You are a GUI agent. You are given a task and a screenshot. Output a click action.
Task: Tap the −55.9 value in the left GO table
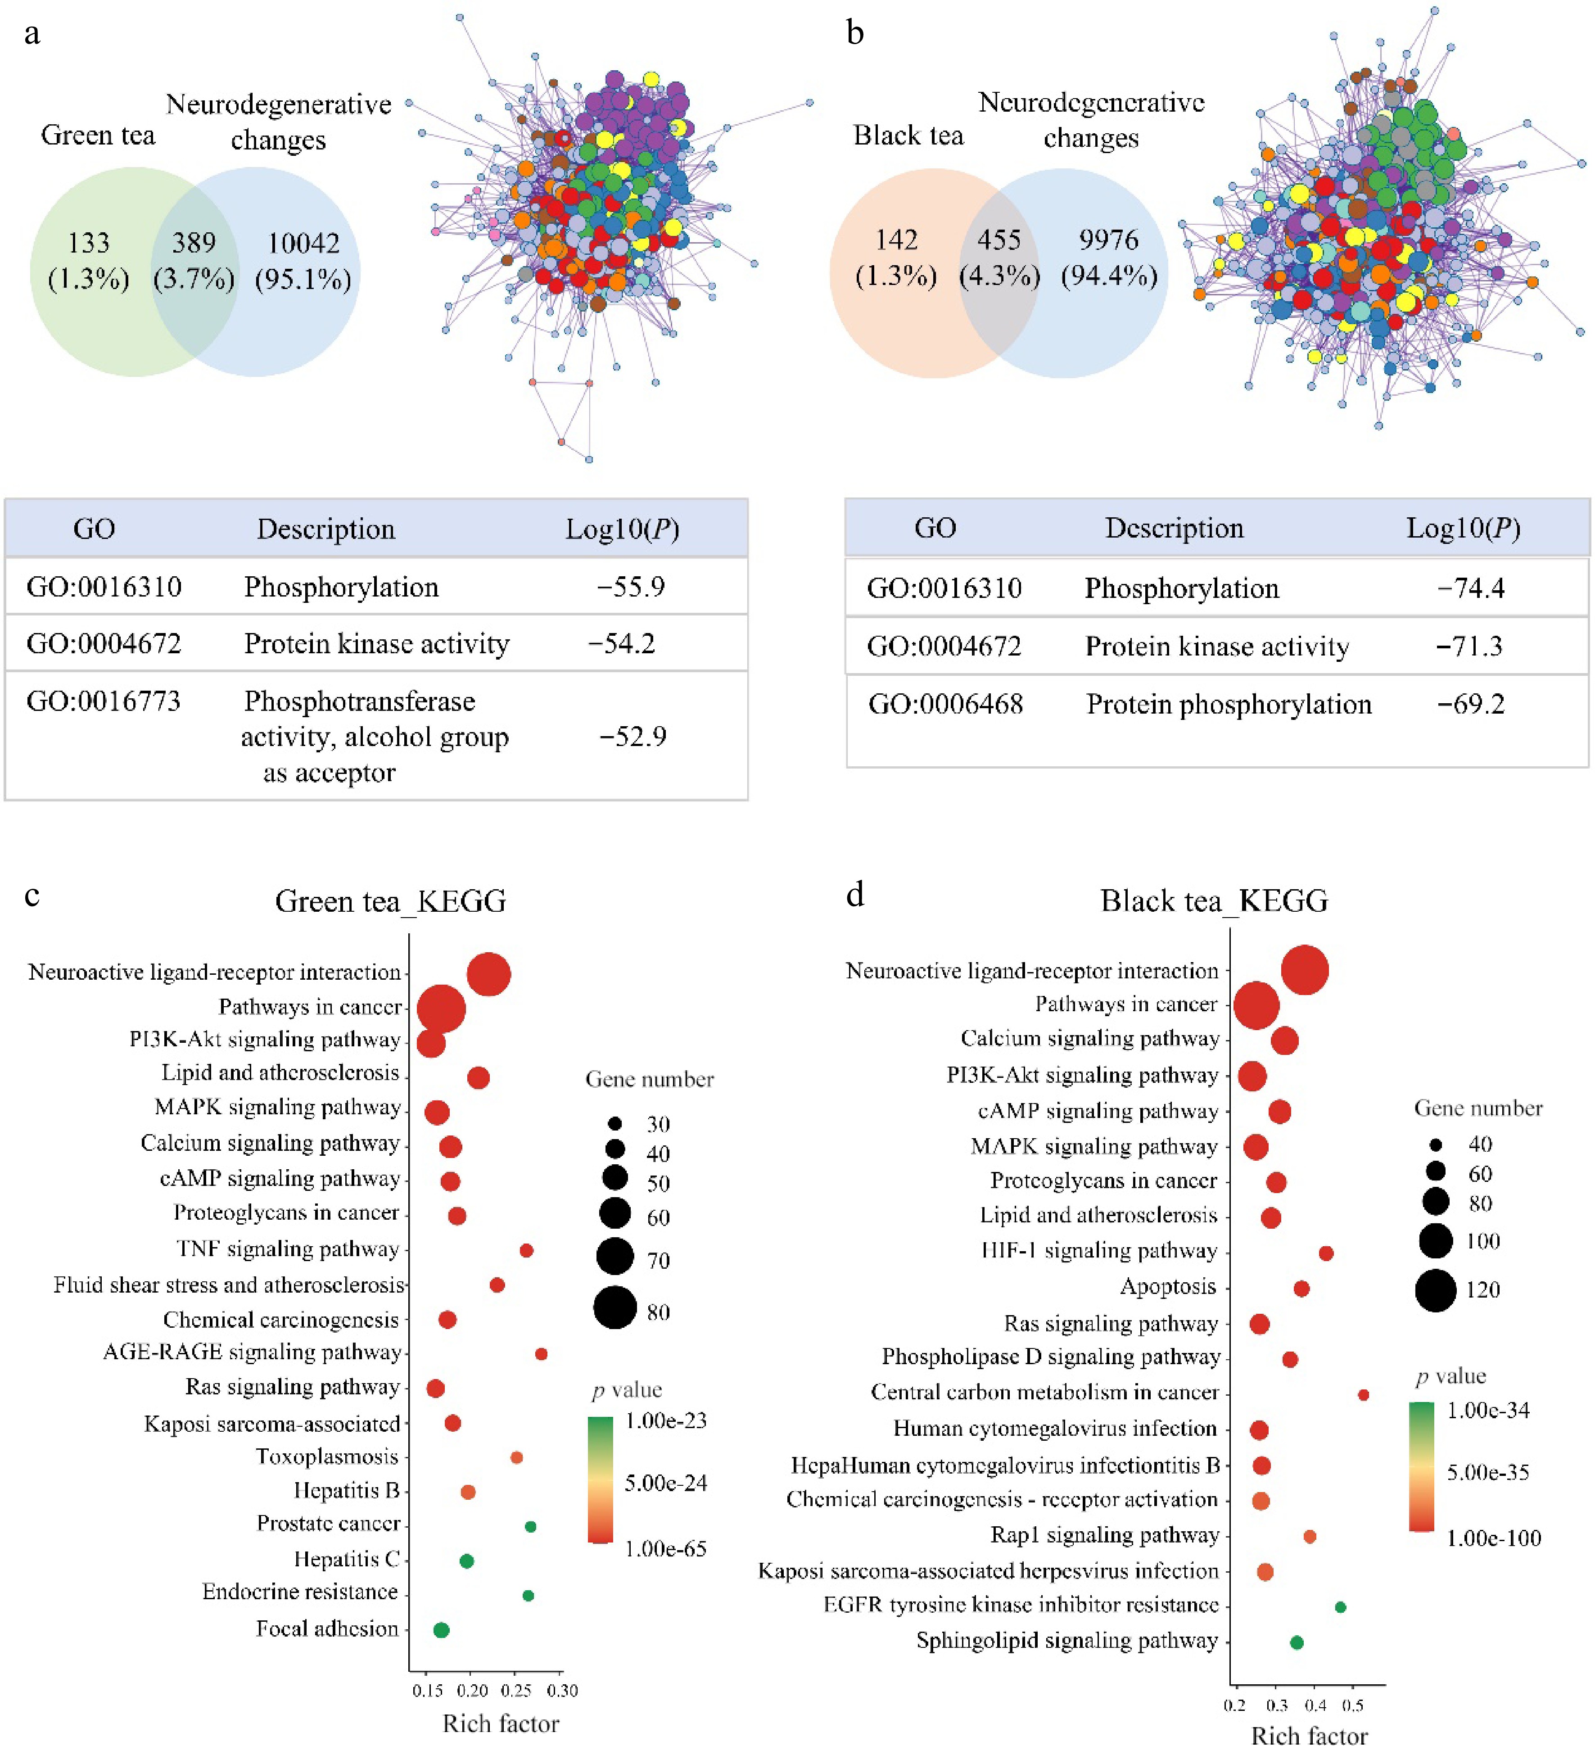630,587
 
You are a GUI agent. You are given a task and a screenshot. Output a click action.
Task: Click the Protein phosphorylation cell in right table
1228,704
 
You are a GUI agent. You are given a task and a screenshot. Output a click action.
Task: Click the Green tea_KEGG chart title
390,901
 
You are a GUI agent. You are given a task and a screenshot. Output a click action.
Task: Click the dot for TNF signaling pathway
526,1251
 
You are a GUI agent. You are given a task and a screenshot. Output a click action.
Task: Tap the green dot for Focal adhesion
441,1630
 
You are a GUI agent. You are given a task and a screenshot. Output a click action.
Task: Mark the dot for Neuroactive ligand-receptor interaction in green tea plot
488,974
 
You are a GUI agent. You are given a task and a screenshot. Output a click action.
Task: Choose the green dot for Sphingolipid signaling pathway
1296,1642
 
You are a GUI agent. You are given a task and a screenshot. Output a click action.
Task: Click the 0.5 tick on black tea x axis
1352,1705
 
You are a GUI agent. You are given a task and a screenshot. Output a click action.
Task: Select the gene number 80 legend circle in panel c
615,1308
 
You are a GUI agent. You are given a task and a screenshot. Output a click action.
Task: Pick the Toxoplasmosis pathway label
326,1457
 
